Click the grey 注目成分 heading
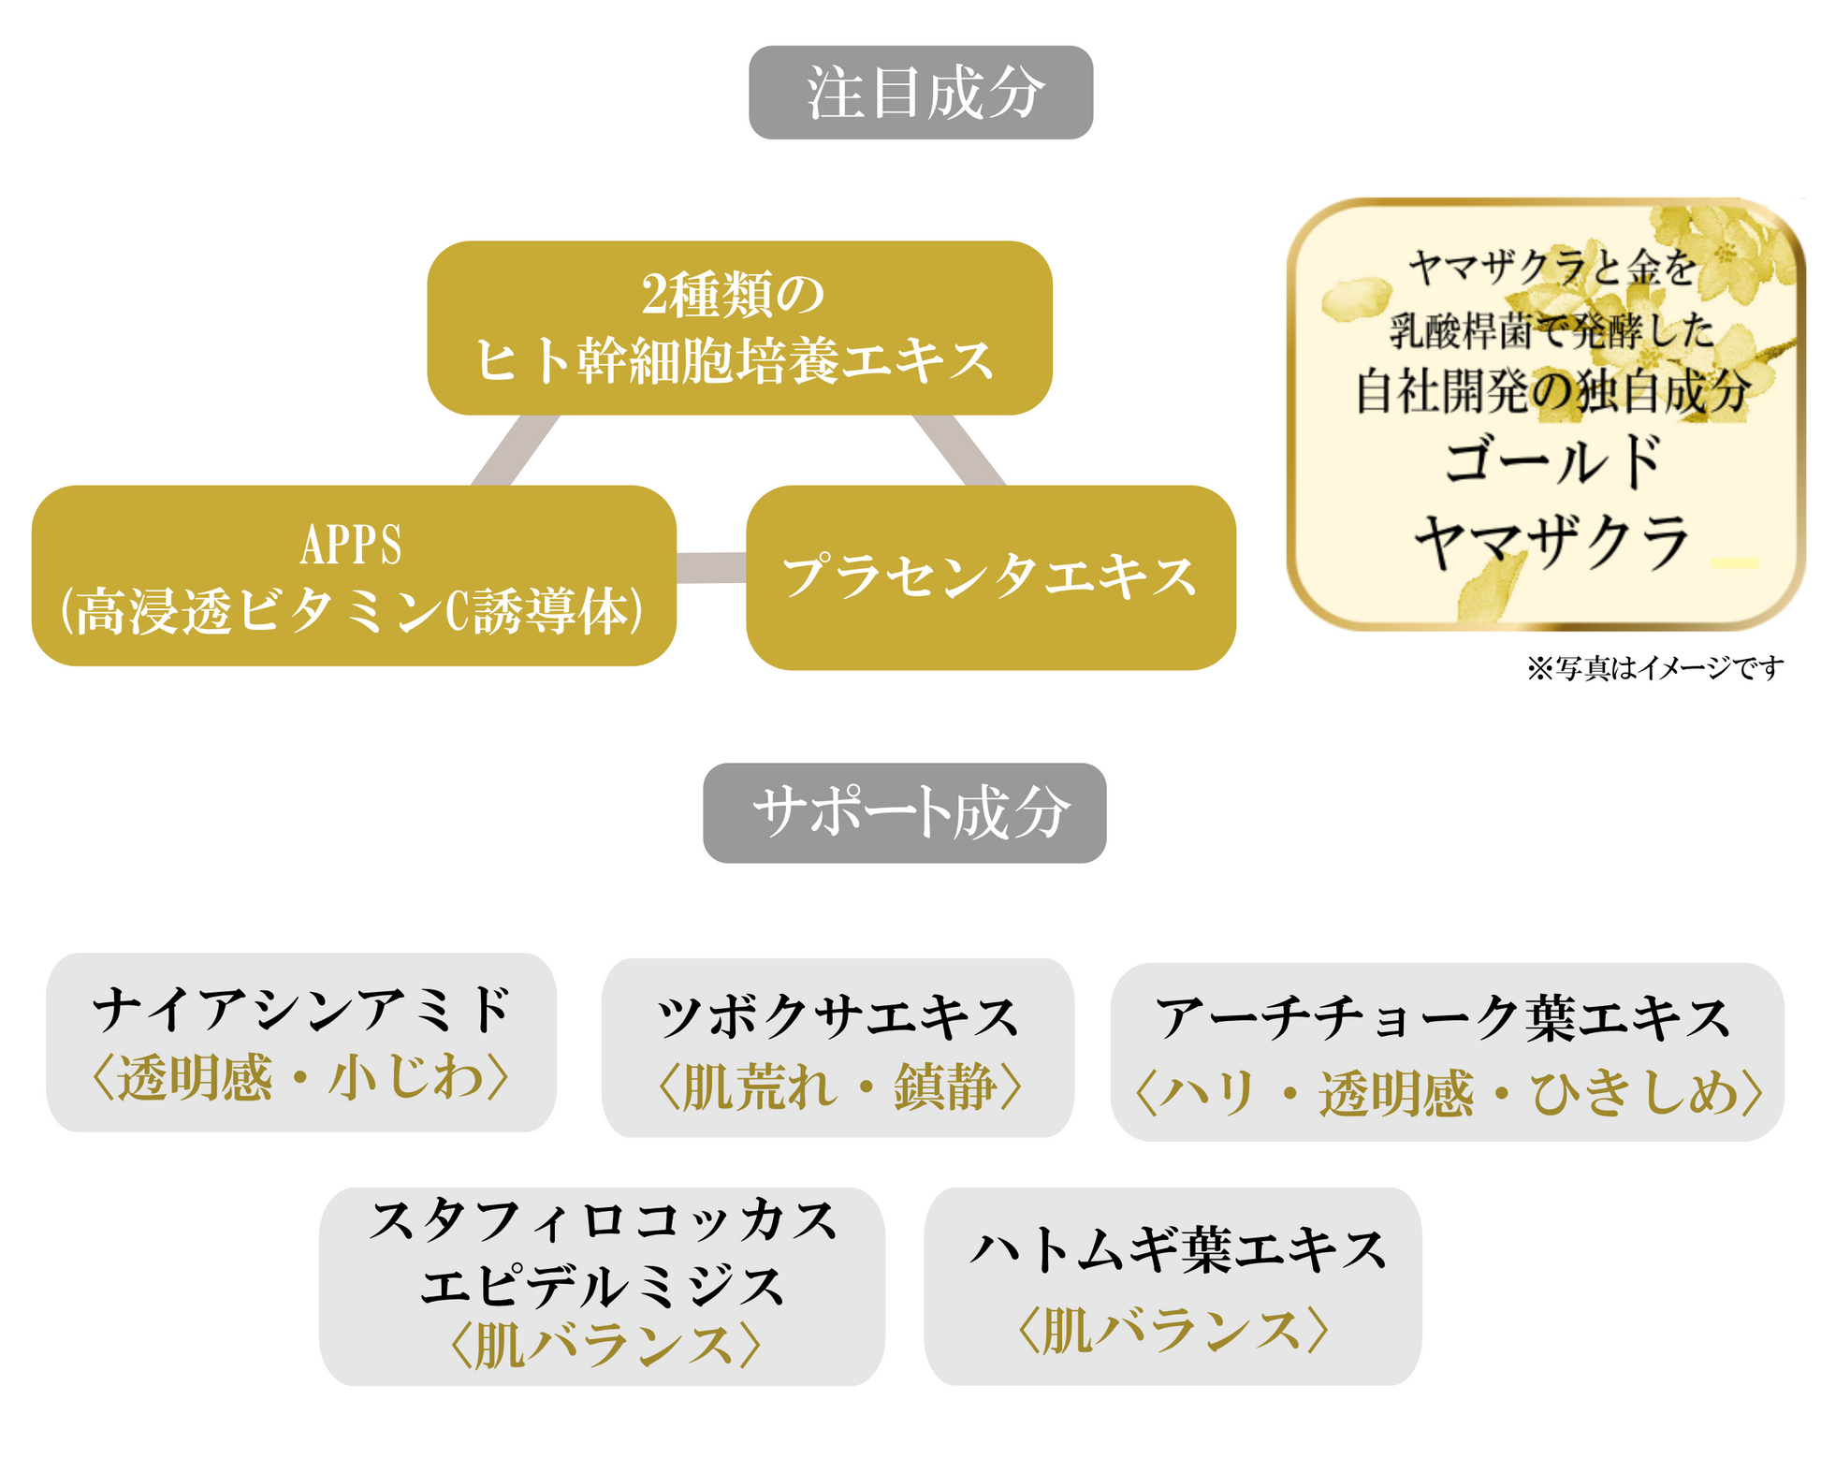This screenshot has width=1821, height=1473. (x=920, y=93)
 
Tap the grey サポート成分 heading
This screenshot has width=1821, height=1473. (x=904, y=812)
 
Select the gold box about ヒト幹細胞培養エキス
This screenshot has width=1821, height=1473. (x=738, y=328)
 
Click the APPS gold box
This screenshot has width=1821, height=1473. (x=353, y=575)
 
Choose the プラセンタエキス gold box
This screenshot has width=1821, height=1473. (x=990, y=576)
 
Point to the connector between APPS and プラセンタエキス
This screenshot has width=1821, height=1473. (x=710, y=567)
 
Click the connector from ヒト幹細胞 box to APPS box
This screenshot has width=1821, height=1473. (x=516, y=450)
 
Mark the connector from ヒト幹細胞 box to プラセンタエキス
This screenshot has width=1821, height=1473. (x=958, y=450)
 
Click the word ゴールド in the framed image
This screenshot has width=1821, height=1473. (x=1551, y=461)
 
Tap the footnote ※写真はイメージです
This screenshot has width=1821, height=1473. (x=1654, y=668)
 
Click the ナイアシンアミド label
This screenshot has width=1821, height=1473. (x=301, y=1011)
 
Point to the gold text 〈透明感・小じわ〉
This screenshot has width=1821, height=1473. (x=301, y=1078)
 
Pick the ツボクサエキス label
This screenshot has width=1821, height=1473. (x=838, y=1018)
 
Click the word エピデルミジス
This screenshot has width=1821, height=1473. (x=602, y=1287)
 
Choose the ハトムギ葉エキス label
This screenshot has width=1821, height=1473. (x=1176, y=1251)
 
